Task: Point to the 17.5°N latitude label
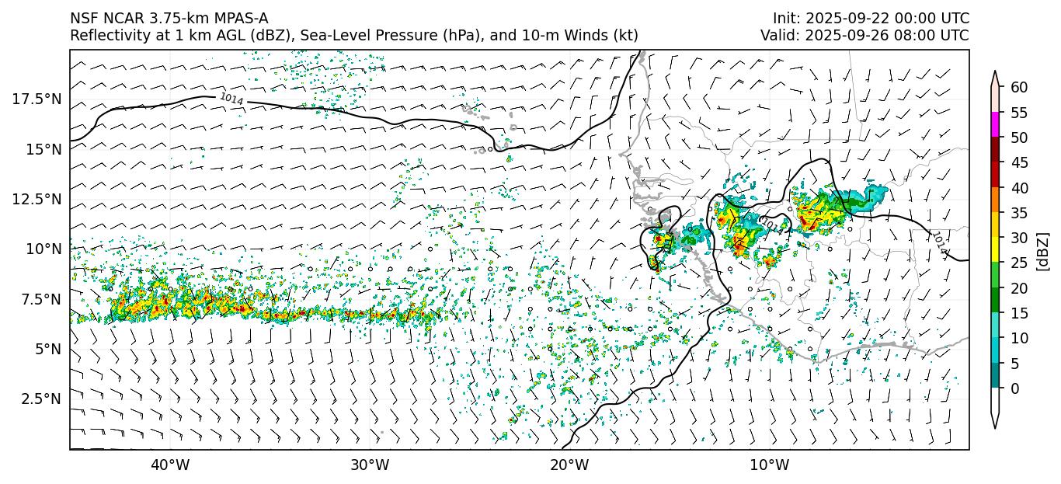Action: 37,99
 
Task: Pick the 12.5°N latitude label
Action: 37,199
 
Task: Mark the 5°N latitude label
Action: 47,349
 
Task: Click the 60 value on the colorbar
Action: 1019,88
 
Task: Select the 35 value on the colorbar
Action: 1019,213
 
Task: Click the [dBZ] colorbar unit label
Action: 1043,251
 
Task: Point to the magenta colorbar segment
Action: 995,125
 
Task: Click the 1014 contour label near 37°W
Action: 231,99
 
